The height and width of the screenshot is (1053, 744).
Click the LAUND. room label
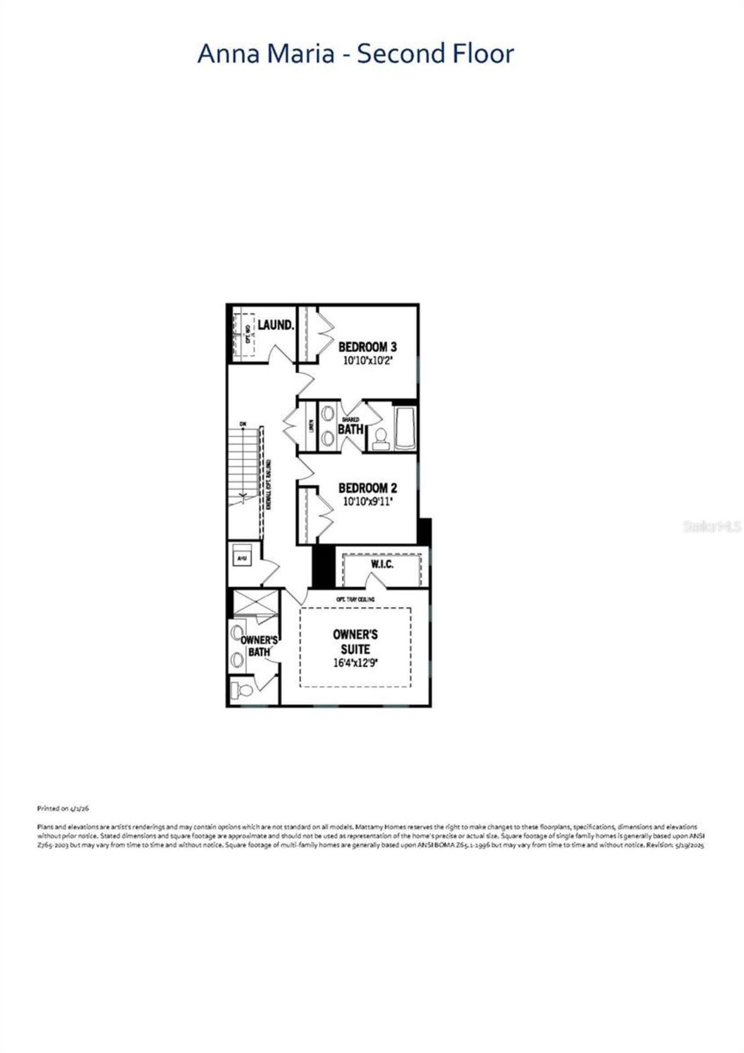276,324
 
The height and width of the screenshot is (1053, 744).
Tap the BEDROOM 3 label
367,347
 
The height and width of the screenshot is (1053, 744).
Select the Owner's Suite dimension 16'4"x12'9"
355,662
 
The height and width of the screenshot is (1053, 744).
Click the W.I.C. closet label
382,565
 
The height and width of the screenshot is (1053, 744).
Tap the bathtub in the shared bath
405,429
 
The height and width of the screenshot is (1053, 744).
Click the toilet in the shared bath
381,438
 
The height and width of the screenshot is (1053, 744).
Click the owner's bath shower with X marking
255,602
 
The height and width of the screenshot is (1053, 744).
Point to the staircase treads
242,465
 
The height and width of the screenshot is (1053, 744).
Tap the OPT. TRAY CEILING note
355,599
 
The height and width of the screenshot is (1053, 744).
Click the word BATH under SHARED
350,429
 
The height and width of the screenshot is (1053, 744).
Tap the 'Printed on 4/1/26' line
63,808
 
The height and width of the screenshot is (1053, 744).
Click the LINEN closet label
311,426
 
